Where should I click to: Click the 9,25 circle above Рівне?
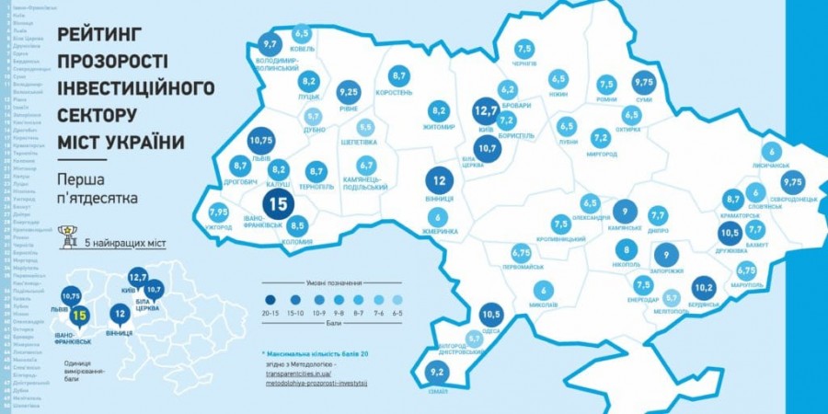[348, 93]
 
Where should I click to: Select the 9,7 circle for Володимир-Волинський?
[270, 43]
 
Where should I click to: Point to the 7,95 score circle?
[219, 212]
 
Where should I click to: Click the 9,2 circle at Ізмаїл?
[438, 374]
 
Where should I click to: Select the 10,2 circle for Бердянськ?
[703, 288]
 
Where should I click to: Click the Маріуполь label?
[746, 284]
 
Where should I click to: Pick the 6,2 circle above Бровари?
[507, 90]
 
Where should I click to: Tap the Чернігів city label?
[523, 64]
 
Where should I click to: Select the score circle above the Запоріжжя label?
[666, 257]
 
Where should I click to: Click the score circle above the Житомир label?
[439, 111]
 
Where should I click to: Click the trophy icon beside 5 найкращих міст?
[65, 236]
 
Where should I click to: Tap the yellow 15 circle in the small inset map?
[79, 317]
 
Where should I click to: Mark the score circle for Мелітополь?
[672, 298]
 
